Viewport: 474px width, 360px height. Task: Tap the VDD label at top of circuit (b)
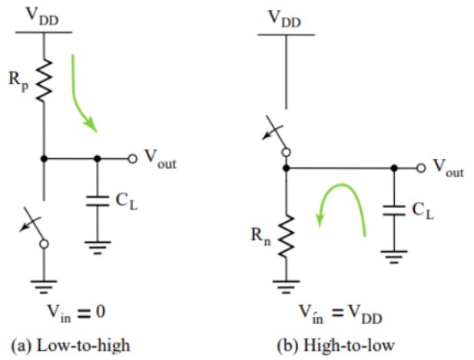pyautogui.click(x=285, y=19)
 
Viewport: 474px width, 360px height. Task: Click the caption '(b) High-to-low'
pyautogui.click(x=336, y=345)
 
